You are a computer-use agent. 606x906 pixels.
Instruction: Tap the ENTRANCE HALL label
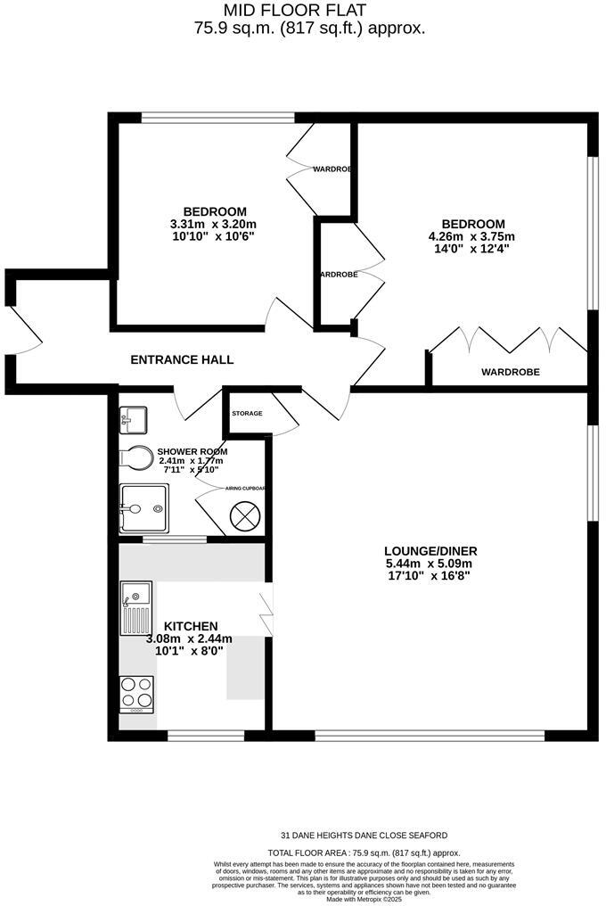(x=182, y=359)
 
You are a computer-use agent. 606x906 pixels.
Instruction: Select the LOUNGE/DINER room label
(x=427, y=550)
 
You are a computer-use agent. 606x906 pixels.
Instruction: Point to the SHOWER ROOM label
(x=192, y=451)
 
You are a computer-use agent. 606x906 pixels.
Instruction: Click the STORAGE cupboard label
(x=247, y=414)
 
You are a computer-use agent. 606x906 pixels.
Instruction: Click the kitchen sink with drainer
(x=136, y=605)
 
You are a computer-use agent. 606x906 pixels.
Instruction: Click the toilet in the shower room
(x=135, y=457)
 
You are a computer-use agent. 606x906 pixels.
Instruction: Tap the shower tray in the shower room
(x=143, y=509)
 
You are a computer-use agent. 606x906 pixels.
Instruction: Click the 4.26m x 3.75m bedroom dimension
(x=472, y=236)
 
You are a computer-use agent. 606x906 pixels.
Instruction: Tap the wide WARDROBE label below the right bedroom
(x=511, y=372)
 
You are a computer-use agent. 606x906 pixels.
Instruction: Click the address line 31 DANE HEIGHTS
(x=364, y=836)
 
